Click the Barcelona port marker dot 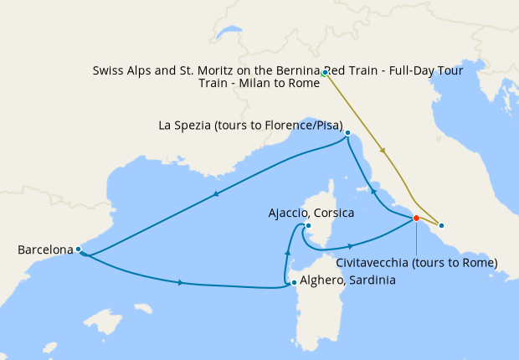78,249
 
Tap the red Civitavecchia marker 416,219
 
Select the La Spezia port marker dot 347,132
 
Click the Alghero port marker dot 293,282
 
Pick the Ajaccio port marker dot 308,225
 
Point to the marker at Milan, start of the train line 324,73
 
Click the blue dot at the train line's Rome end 441,225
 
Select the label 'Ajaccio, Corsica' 311,213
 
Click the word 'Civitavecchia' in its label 377,262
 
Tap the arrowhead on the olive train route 383,151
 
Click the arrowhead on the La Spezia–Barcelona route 217,194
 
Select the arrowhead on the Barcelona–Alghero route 182,283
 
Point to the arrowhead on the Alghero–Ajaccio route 287,252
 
